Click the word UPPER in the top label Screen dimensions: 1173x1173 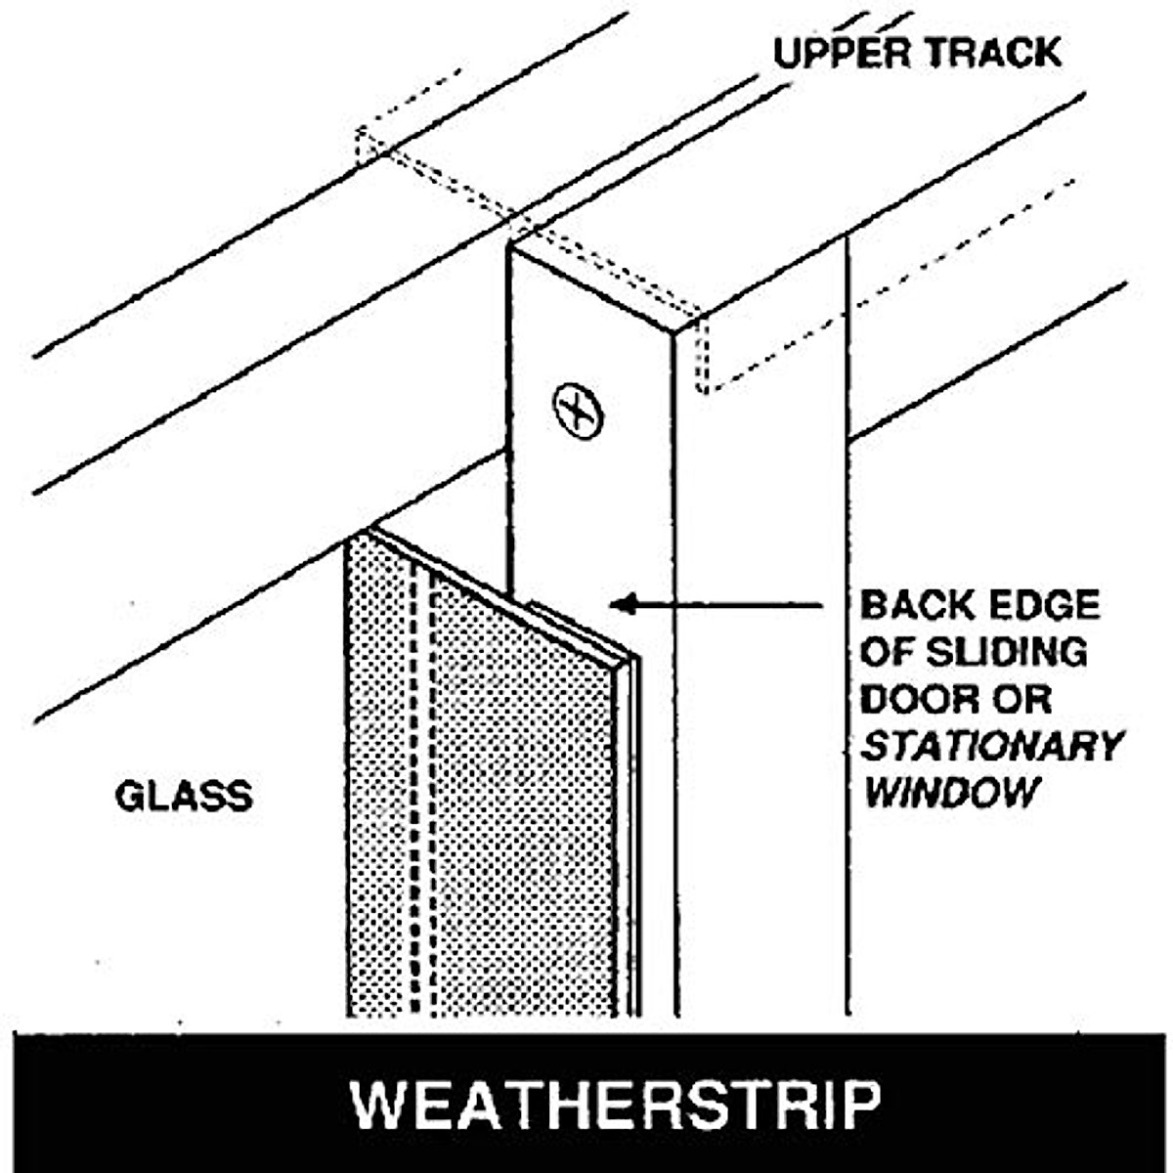(x=839, y=53)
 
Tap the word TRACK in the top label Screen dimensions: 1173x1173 (x=991, y=53)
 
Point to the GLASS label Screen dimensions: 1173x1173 (x=184, y=797)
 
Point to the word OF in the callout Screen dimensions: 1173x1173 (x=884, y=652)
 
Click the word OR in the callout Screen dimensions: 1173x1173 (x=1022, y=699)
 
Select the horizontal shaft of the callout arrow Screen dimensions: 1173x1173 (x=733, y=605)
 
